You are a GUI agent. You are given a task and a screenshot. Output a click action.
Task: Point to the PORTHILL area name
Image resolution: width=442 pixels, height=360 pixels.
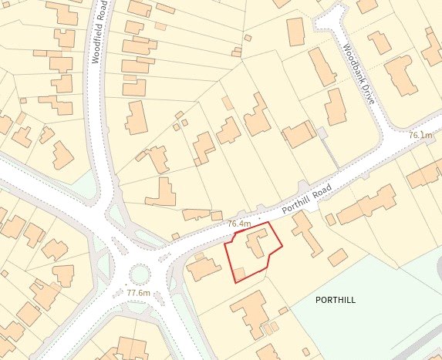pyautogui.click(x=336, y=299)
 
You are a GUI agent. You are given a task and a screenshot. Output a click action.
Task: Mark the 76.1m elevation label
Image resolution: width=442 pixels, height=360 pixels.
pyautogui.click(x=421, y=136)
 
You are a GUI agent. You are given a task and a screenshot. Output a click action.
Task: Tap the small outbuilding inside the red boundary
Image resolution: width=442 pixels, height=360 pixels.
pyautogui.click(x=239, y=273)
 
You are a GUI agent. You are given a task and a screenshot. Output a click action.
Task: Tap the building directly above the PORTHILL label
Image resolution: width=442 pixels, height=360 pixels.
pyautogui.click(x=337, y=257)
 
